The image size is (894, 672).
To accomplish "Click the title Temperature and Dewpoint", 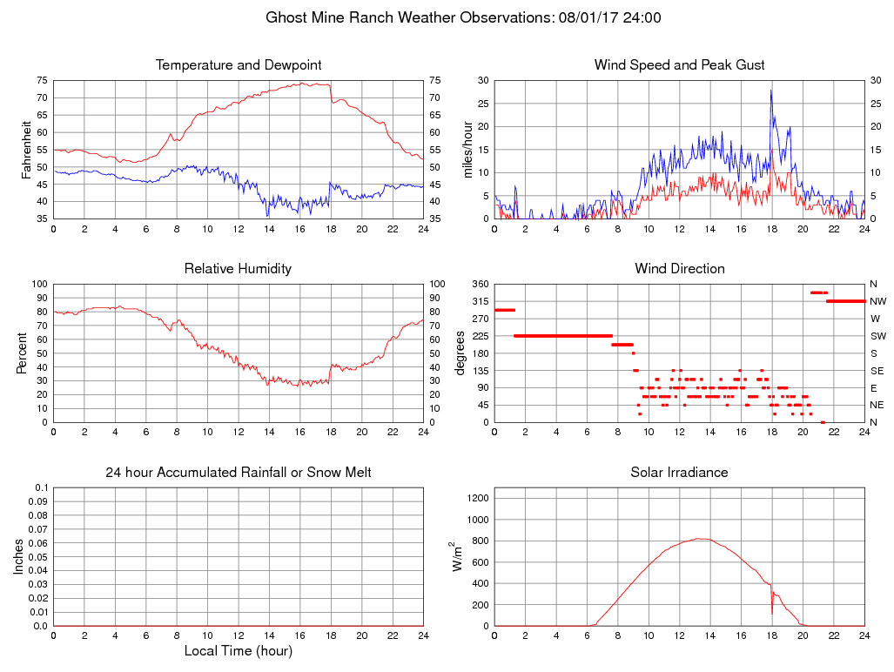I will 238,65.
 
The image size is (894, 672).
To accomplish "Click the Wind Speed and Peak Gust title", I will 679,65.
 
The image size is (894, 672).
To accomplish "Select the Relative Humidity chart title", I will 238,269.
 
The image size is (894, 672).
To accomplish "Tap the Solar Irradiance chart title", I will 679,473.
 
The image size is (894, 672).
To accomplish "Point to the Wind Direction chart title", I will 679,269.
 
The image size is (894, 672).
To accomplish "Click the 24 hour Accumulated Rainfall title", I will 238,473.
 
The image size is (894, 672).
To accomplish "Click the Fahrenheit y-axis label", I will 26,150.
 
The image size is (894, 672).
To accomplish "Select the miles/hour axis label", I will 468,150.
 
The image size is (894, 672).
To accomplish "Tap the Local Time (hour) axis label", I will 238,651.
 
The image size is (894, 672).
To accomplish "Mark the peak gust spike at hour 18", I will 770,91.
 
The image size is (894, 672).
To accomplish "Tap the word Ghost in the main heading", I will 288,17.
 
